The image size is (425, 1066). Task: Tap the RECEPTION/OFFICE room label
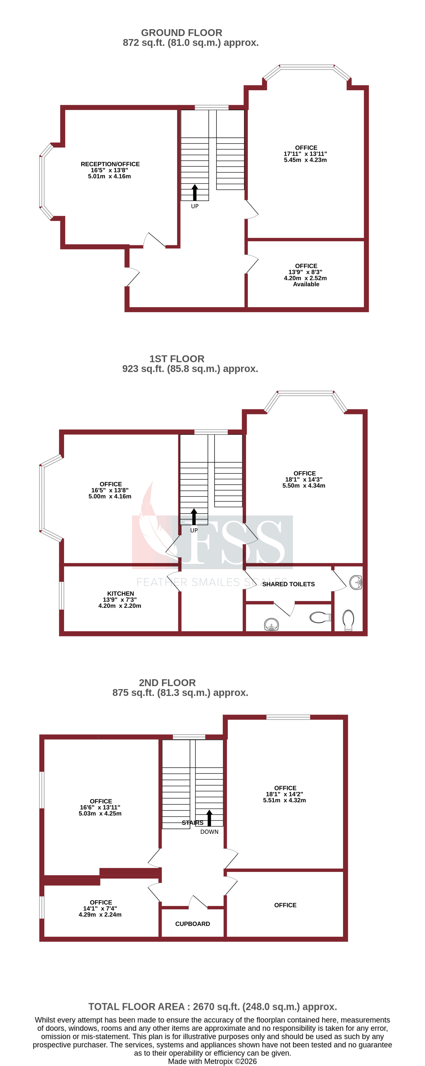tap(110, 164)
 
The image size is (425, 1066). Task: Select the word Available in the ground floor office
tap(306, 284)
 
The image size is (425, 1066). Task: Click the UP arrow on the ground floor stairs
tap(195, 193)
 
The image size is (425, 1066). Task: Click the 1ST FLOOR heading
tap(177, 359)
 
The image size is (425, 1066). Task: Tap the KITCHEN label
tap(120, 593)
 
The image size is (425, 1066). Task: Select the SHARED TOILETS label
tap(288, 584)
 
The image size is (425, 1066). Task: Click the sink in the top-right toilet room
tap(356, 582)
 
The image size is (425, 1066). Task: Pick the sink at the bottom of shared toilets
tap(271, 624)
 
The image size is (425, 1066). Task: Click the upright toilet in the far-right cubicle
tap(349, 619)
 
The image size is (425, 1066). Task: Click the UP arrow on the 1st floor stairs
tap(194, 517)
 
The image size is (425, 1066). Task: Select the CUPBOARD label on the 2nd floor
tap(193, 924)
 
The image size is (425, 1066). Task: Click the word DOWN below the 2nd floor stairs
tap(209, 832)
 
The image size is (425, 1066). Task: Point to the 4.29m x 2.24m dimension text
tap(100, 915)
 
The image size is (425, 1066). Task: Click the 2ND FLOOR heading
tap(167, 683)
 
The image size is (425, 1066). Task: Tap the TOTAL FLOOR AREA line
tap(212, 1007)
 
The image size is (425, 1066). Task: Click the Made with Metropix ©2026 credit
tap(212, 1062)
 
